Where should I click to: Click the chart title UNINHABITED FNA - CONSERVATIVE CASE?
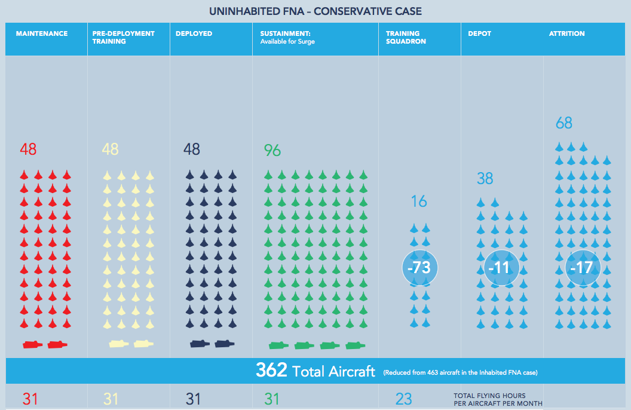pos(315,11)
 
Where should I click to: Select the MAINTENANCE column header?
pos(41,33)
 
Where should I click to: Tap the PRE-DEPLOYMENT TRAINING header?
pos(123,38)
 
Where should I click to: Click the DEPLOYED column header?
pos(194,33)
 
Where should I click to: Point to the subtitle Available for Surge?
pos(287,42)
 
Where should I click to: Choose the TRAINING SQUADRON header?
pos(403,38)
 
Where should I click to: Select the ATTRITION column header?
pos(566,33)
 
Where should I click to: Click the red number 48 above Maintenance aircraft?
pos(28,149)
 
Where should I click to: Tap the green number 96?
pos(272,151)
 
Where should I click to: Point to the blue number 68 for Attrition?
pos(563,123)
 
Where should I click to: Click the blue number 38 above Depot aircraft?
pos(485,178)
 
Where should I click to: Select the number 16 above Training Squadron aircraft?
pos(419,201)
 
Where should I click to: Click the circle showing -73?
pos(419,267)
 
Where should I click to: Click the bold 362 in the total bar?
pos(272,371)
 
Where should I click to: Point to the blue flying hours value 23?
pos(403,399)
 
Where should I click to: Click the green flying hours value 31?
pos(272,399)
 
